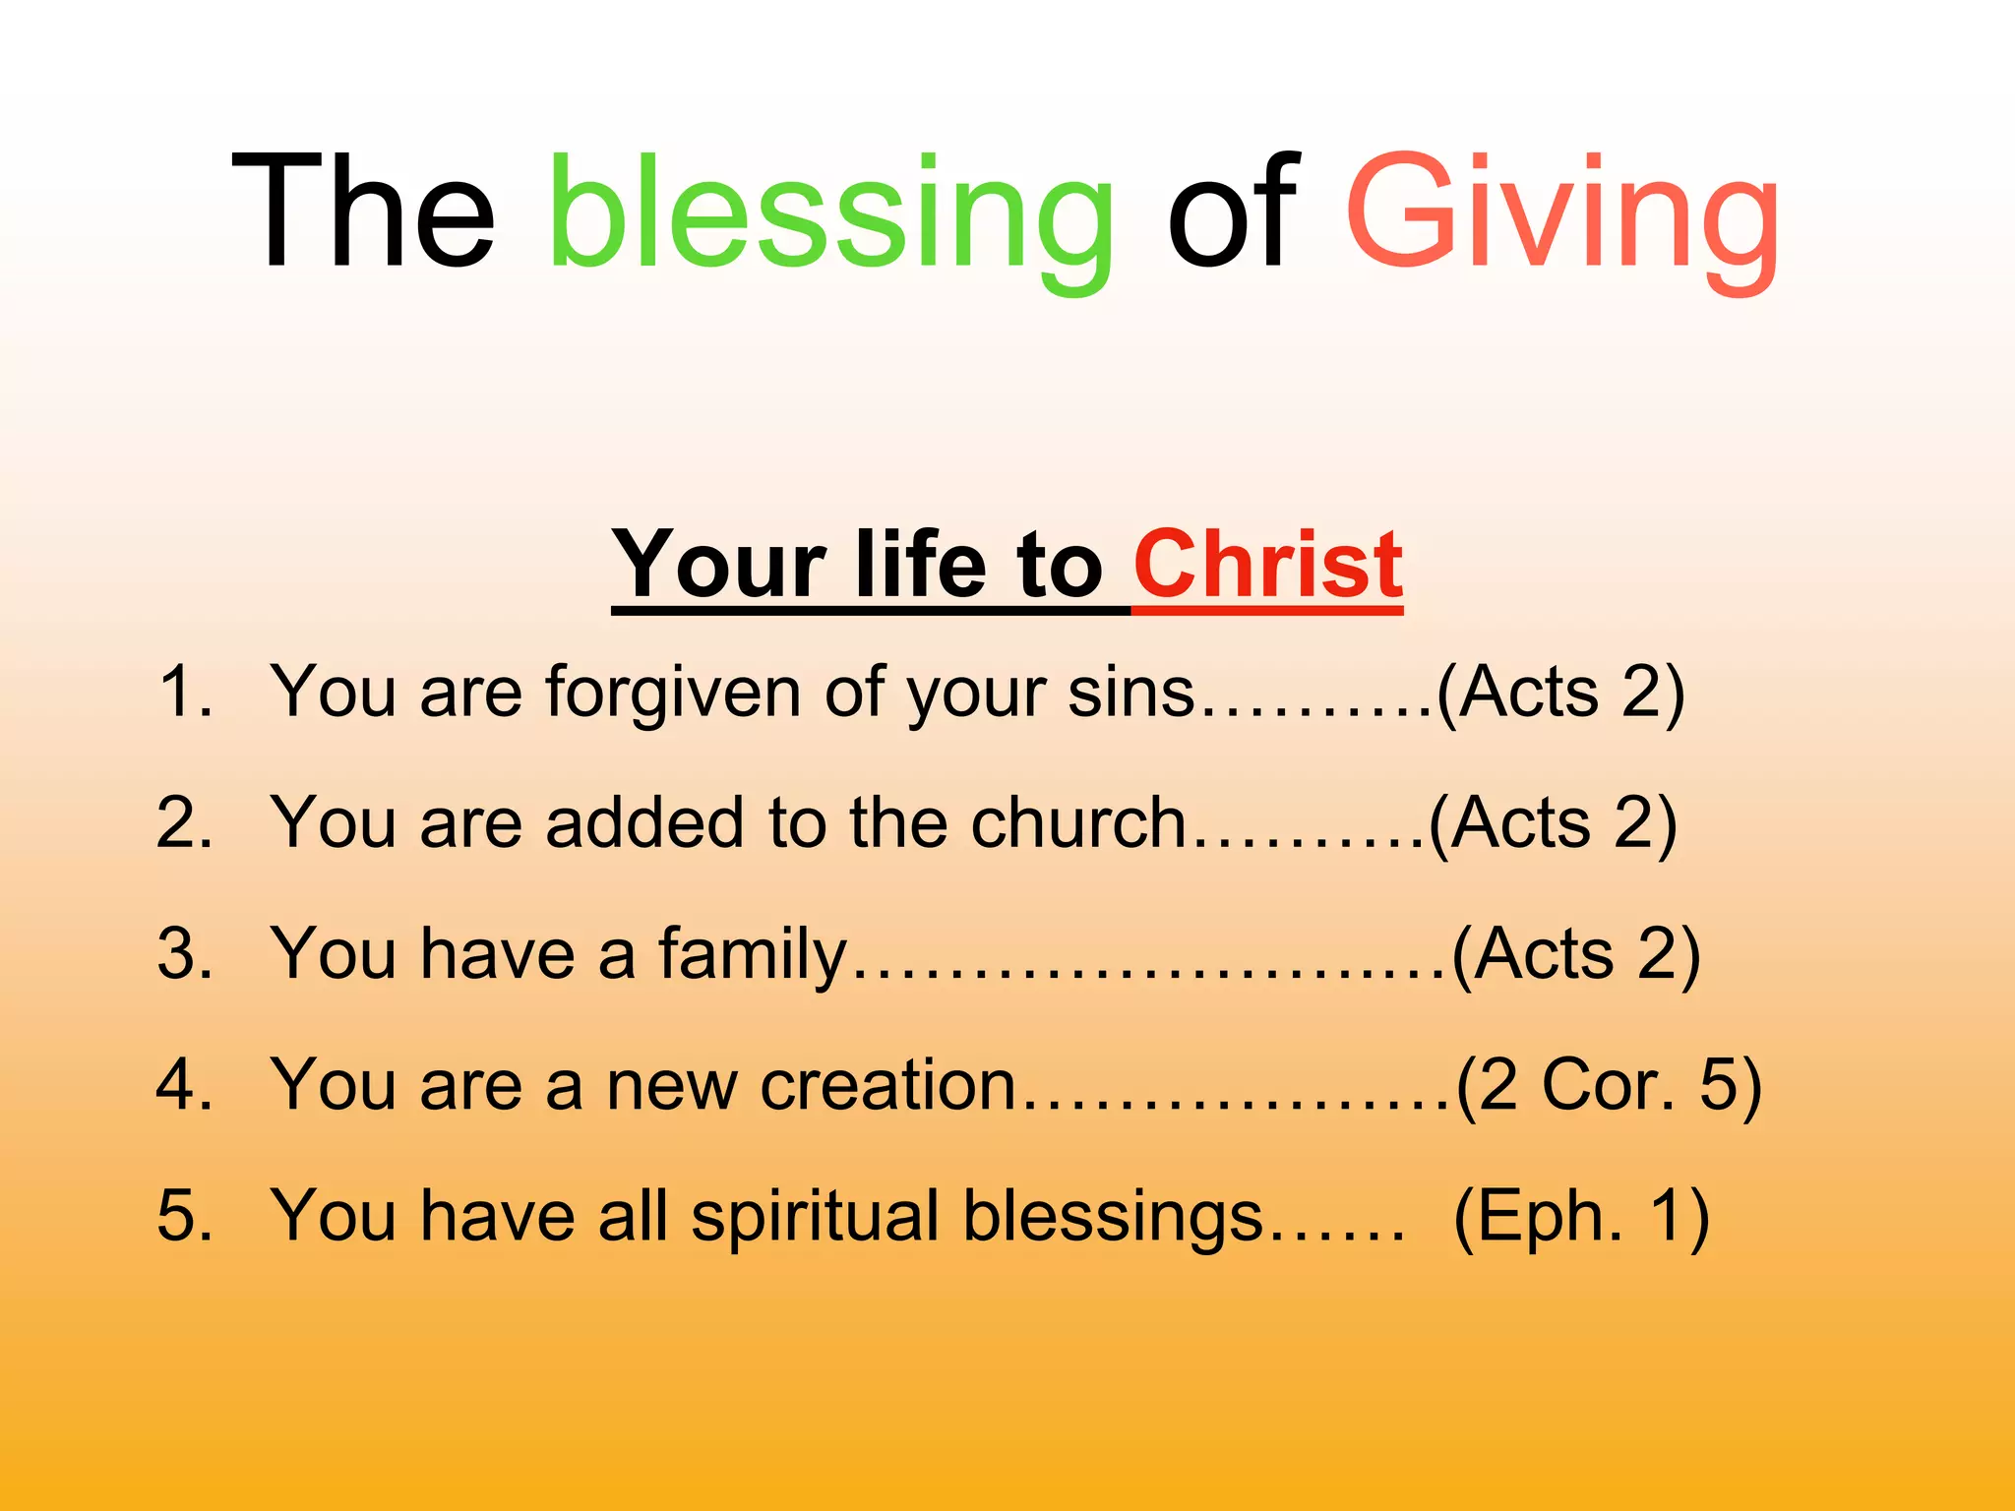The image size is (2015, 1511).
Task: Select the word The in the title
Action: (x=363, y=212)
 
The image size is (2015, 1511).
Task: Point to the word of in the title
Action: (x=1232, y=212)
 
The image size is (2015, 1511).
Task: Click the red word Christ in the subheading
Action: (x=1267, y=565)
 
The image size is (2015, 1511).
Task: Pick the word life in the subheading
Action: (x=919, y=565)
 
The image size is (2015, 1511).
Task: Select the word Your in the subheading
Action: (x=718, y=565)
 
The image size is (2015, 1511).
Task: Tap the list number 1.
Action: (x=184, y=692)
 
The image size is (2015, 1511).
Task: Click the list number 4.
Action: (x=184, y=1085)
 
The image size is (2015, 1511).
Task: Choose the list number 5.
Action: (x=184, y=1216)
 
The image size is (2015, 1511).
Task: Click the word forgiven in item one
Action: (x=673, y=692)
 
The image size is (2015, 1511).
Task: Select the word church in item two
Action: (x=1078, y=822)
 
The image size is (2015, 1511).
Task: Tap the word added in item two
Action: (x=644, y=822)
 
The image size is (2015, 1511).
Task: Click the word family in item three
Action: (x=752, y=954)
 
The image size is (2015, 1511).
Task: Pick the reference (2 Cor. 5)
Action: (x=1609, y=1085)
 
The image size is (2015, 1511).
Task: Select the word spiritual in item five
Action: (x=815, y=1216)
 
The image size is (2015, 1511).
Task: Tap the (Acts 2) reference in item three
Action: (x=1575, y=954)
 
